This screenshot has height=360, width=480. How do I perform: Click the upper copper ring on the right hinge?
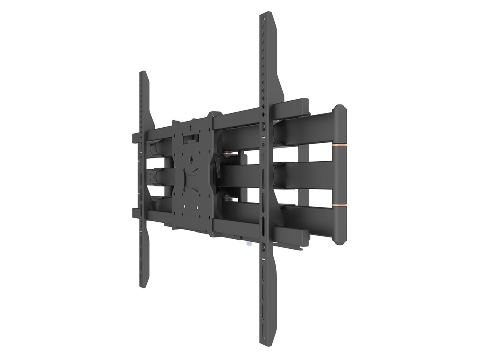tap(339, 144)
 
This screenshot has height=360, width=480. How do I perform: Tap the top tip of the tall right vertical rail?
tap(267, 14)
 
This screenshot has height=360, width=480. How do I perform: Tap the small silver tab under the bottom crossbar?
tap(248, 242)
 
